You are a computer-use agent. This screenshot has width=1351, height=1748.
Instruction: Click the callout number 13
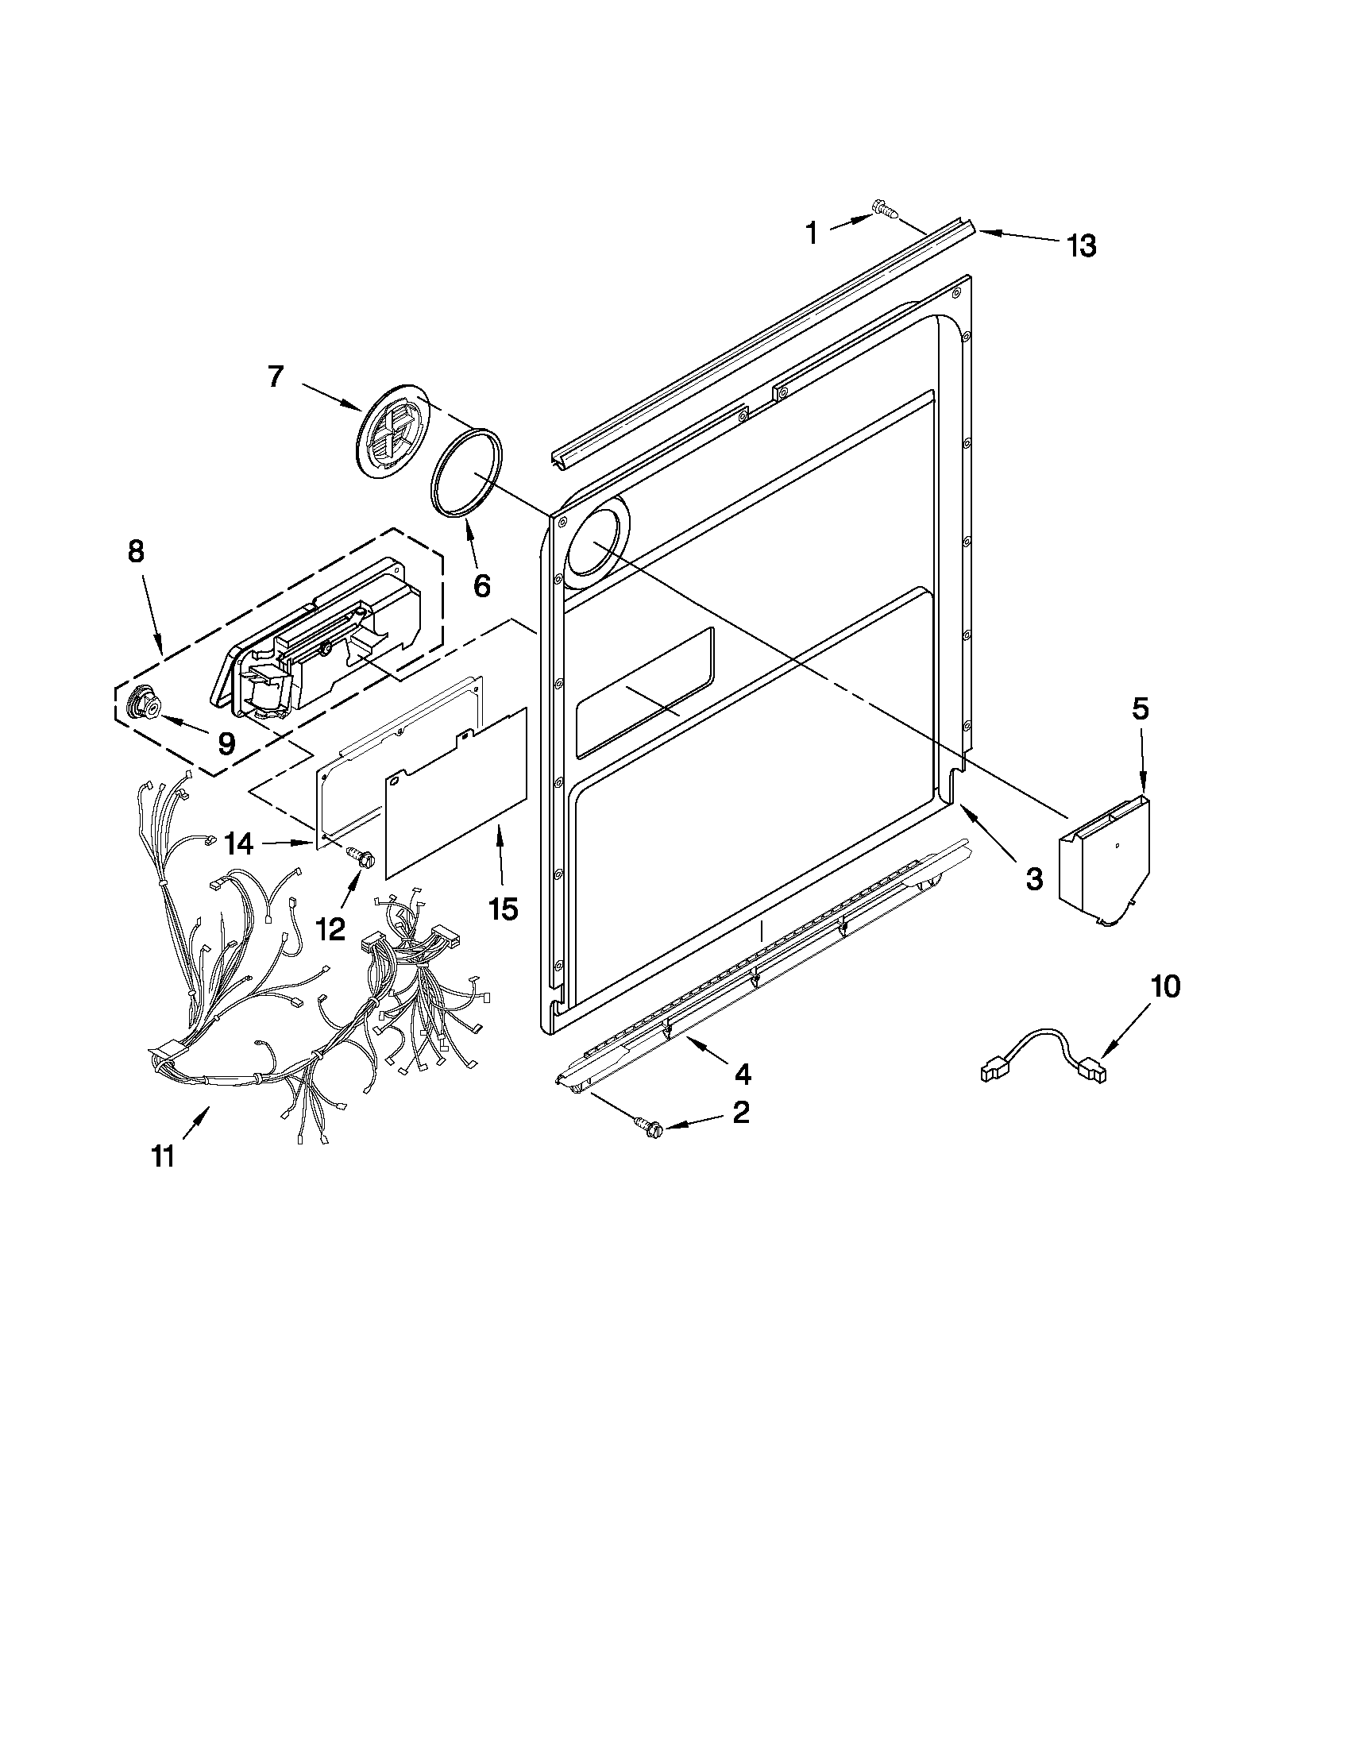[x=1080, y=245]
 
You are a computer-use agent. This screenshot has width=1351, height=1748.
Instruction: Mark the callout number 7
[x=276, y=376]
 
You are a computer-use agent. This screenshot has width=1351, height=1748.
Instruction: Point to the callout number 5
[x=1140, y=708]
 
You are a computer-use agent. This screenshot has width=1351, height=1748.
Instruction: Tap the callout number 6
[x=481, y=586]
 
